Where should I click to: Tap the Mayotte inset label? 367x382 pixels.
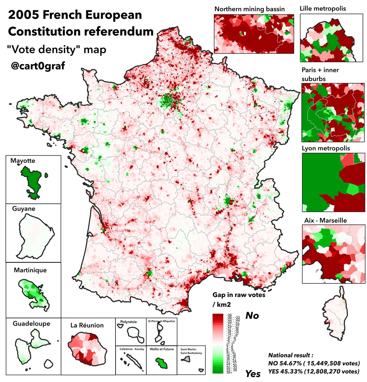(x=23, y=161)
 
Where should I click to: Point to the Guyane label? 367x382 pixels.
(x=24, y=209)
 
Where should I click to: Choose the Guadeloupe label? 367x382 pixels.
(x=31, y=323)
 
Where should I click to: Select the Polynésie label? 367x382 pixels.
(x=129, y=322)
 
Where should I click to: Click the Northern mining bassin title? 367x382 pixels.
(x=249, y=9)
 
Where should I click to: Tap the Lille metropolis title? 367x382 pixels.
(x=323, y=9)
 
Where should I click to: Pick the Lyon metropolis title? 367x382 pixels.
(x=326, y=148)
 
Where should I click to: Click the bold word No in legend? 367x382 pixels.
(x=252, y=315)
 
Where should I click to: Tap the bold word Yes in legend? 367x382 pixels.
(x=253, y=374)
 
